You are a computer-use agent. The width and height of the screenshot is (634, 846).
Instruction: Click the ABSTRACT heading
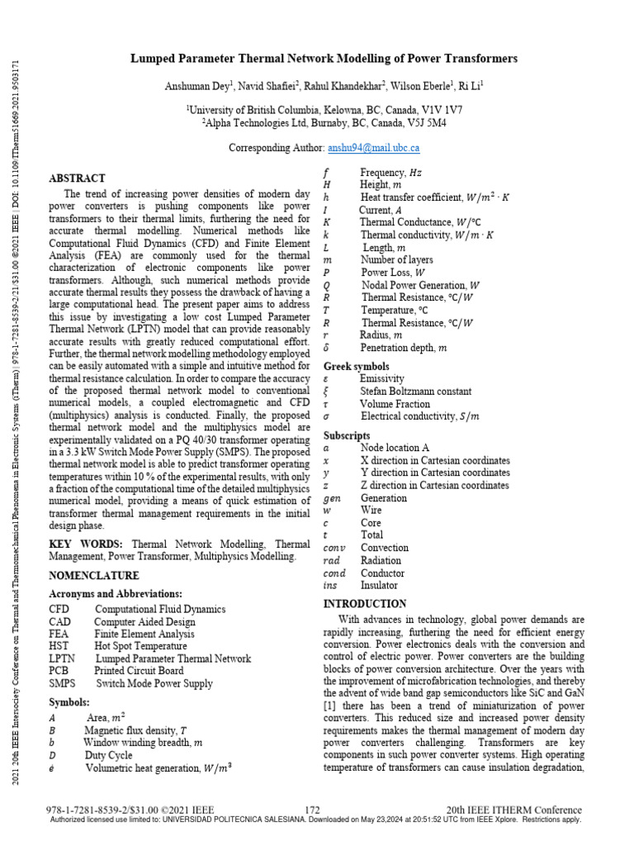[x=78, y=178]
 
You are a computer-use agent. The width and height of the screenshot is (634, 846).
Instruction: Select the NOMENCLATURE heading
[x=94, y=575]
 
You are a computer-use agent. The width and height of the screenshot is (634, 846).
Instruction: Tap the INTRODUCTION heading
[x=364, y=604]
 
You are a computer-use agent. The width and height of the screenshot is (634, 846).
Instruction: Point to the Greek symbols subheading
[x=357, y=366]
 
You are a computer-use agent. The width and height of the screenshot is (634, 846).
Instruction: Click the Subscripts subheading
[x=347, y=435]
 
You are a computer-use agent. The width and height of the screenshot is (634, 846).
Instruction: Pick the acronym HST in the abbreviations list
[x=60, y=646]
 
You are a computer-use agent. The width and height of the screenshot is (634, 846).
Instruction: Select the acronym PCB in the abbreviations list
[x=60, y=671]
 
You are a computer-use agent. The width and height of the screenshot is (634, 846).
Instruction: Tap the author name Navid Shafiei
[x=267, y=85]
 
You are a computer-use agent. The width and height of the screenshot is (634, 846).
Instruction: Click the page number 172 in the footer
[x=312, y=809]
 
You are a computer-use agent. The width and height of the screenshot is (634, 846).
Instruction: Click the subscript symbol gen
[x=332, y=498]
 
